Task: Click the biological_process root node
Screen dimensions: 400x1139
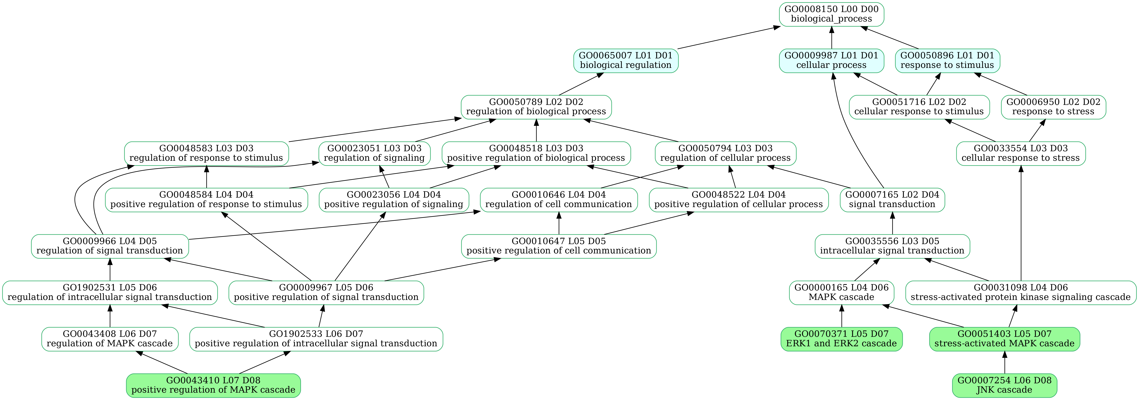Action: pos(831,14)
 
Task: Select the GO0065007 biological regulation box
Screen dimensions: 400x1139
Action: pos(626,60)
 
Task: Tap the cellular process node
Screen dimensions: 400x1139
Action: pos(831,60)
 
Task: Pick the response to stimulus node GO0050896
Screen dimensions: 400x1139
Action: pos(947,60)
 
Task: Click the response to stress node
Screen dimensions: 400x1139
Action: pos(1053,107)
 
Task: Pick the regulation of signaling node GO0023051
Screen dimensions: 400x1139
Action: pos(374,153)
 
